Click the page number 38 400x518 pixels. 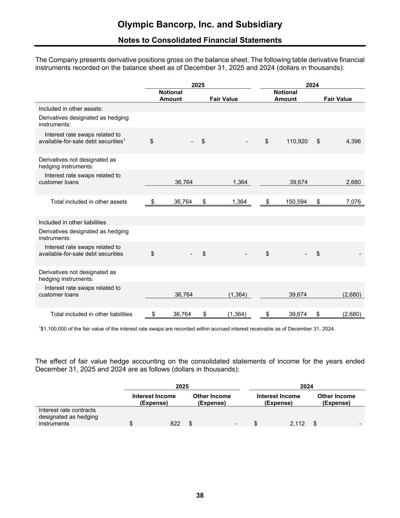200,495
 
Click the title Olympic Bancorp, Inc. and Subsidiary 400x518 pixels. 200,25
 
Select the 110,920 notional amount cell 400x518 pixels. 297,141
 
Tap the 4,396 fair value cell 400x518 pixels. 353,141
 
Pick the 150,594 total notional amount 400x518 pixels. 296,202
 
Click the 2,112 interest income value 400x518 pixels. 297,424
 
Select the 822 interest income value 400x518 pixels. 175,424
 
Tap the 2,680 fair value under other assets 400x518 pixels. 353,182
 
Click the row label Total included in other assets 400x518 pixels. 89,202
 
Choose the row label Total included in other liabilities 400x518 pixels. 91,314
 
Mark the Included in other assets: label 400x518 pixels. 71,109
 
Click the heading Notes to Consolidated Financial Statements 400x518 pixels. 200,40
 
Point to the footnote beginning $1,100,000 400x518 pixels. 187,329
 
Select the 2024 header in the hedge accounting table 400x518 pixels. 307,386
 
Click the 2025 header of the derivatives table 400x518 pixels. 198,85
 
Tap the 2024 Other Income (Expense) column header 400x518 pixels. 336,399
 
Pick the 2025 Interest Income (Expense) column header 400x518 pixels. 154,399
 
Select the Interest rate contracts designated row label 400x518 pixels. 68,417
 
